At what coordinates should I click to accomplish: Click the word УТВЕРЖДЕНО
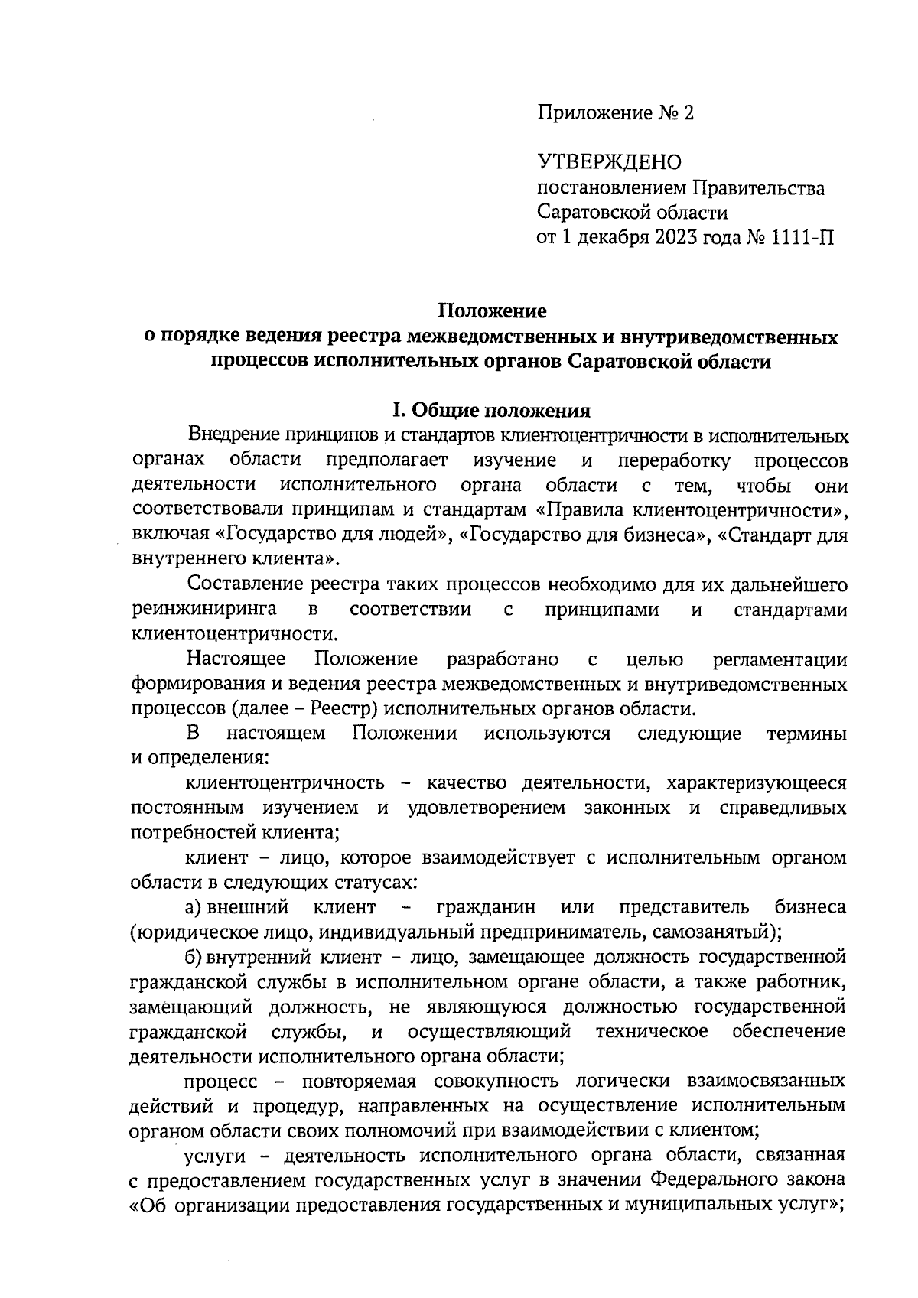(x=609, y=163)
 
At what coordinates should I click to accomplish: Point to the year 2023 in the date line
(x=676, y=237)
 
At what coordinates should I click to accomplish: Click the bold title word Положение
(x=492, y=311)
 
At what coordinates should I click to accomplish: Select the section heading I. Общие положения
(x=492, y=411)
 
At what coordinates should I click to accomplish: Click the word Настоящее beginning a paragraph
(x=236, y=659)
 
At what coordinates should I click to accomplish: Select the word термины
(x=806, y=734)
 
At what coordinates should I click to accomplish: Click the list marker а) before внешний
(x=193, y=908)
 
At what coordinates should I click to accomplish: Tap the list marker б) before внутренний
(x=193, y=957)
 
